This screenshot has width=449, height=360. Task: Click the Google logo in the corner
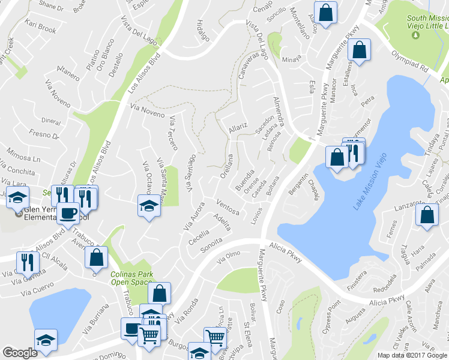point(20,353)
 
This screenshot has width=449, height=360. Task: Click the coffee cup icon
point(68,213)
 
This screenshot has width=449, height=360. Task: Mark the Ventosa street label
point(228,207)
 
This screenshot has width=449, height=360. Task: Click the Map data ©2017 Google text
point(411,355)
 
